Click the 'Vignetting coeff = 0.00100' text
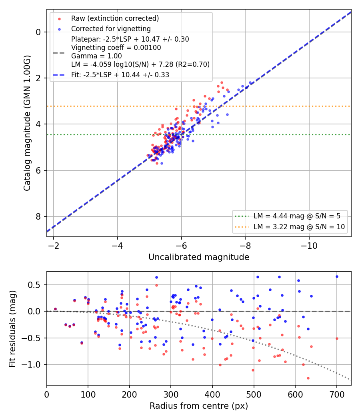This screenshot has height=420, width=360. pyautogui.click(x=116, y=48)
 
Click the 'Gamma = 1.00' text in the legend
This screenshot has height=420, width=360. pyautogui.click(x=96, y=56)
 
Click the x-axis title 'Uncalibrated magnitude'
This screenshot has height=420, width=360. pyautogui.click(x=199, y=257)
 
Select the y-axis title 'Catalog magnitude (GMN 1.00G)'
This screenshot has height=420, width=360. pyautogui.click(x=27, y=123)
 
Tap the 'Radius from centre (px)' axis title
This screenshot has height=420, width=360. pyautogui.click(x=199, y=406)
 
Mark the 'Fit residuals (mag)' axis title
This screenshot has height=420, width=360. pyautogui.click(x=12, y=329)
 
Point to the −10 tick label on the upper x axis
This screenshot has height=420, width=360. pyautogui.click(x=309, y=246)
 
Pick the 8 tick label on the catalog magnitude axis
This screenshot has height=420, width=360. pyautogui.click(x=38, y=216)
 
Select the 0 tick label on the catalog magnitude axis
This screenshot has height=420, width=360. pyautogui.click(x=38, y=32)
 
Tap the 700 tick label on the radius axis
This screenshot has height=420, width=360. pyautogui.click(x=337, y=394)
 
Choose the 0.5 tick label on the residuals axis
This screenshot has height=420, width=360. pyautogui.click(x=34, y=285)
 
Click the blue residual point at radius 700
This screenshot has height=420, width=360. pyautogui.click(x=337, y=277)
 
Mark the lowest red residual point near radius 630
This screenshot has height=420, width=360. pyautogui.click(x=308, y=378)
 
